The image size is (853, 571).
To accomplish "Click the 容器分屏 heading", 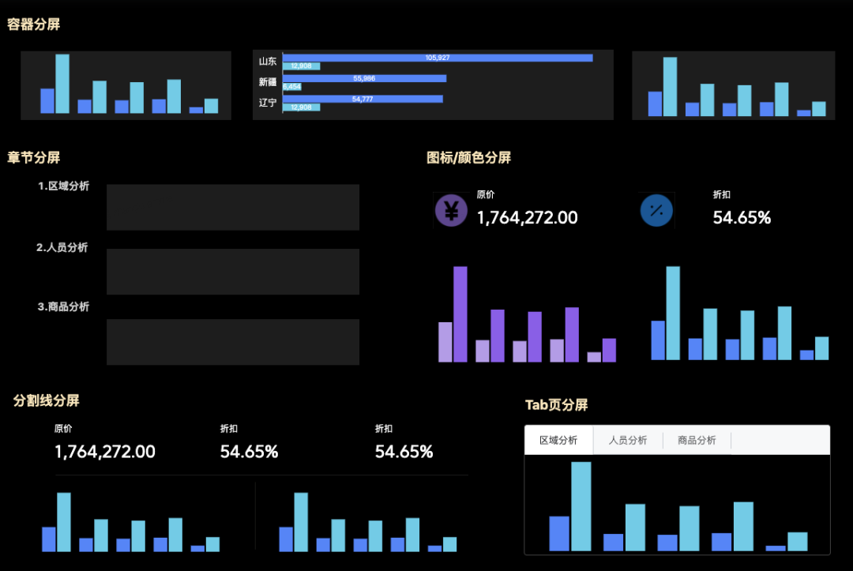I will point(34,24).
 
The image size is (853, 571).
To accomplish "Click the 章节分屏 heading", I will point(34,158).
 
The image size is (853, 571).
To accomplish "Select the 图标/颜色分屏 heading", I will point(468,158).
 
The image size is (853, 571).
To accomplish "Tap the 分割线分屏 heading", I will point(47,400).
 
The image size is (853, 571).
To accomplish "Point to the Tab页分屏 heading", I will point(557,405).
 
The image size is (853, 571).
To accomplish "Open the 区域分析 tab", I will point(558,441).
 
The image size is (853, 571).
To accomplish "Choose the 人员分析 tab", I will point(628,441).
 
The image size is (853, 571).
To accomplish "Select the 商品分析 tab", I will point(697,441).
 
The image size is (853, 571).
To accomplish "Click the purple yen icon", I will point(451,210).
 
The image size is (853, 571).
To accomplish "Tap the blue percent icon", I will point(656,210).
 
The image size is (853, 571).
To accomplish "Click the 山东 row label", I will point(268,61).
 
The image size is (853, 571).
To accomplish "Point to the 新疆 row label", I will point(268,81).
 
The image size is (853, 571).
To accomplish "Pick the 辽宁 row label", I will point(268,102).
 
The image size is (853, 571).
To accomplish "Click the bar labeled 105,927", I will point(438,58).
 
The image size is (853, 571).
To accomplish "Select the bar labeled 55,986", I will point(364,78).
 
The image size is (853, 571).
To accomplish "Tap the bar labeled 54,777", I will point(363,99).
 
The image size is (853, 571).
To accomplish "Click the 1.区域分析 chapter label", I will point(63,186).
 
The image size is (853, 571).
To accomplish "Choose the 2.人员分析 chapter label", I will point(62,247).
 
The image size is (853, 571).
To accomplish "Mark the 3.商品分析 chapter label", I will point(63,306).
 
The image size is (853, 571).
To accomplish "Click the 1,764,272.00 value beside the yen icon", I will point(527,218).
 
